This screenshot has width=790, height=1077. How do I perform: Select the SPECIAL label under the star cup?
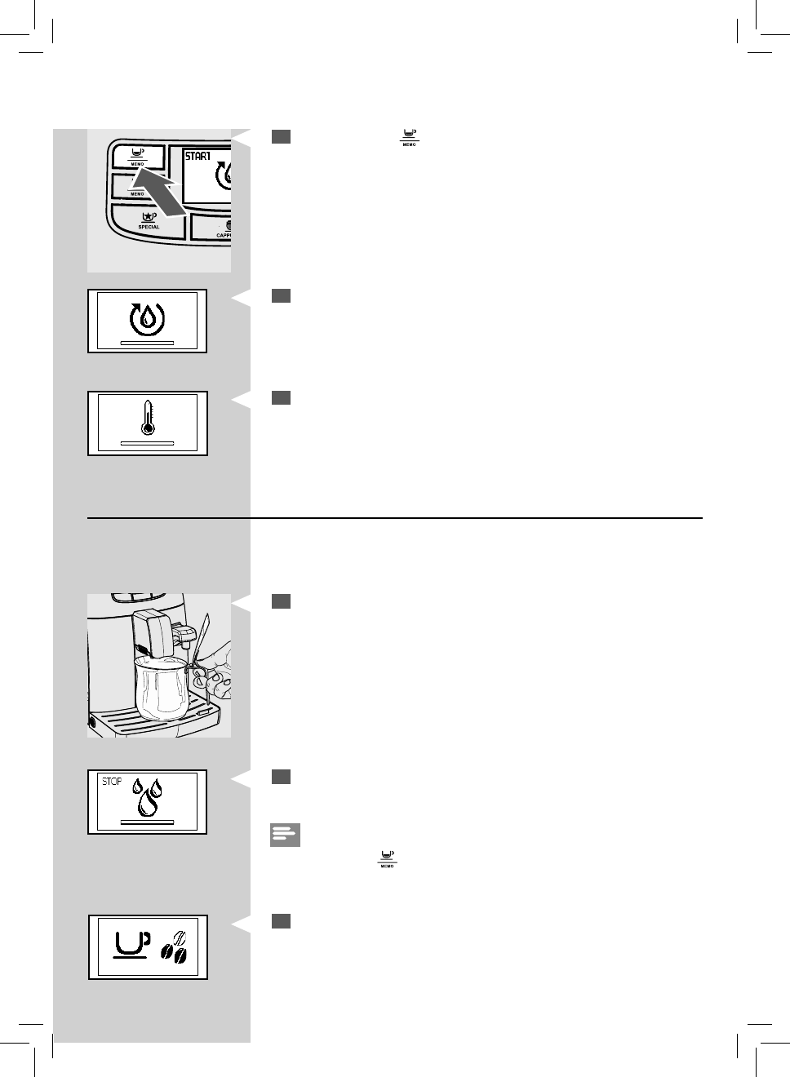[149, 227]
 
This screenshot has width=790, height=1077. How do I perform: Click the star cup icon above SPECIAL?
[149, 216]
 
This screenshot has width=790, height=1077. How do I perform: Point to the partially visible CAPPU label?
[224, 235]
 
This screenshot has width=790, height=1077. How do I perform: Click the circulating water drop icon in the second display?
[147, 317]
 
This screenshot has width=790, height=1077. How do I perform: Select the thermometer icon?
[148, 417]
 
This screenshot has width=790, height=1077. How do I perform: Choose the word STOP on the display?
[112, 782]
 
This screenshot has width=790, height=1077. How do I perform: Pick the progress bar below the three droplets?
[147, 822]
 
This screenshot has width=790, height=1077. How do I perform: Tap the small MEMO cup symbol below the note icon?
[386, 858]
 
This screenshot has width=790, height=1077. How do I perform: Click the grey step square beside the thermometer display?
[281, 397]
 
